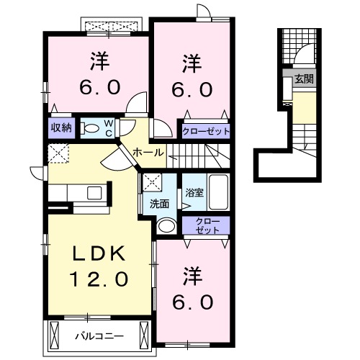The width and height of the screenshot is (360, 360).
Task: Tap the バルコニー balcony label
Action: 100,334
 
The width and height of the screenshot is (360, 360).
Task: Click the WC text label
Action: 107,128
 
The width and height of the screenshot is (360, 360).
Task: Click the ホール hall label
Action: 148,153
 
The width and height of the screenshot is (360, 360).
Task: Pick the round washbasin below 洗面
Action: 166,225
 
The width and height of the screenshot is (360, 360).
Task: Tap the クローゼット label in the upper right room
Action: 206,131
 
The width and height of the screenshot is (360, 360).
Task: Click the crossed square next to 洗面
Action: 151,182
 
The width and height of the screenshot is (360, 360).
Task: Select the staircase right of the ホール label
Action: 205,152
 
